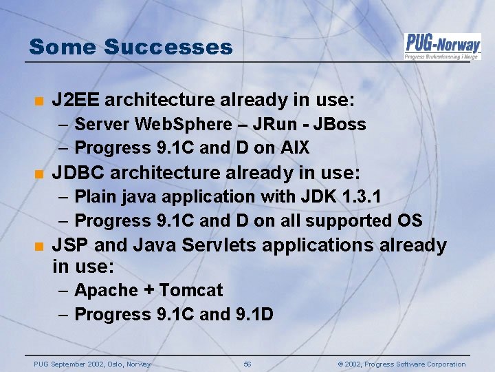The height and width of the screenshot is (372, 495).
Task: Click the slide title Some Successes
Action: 131,47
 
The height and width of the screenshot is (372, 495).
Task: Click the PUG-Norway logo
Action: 442,45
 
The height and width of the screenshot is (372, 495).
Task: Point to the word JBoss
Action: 340,125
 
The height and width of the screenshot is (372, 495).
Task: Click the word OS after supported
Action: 408,221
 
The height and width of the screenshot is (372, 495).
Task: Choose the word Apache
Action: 106,291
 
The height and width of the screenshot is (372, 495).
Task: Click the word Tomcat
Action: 191,291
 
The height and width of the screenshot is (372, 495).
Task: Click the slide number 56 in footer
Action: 247,364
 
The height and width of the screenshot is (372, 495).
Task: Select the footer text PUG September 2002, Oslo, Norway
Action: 92,364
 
